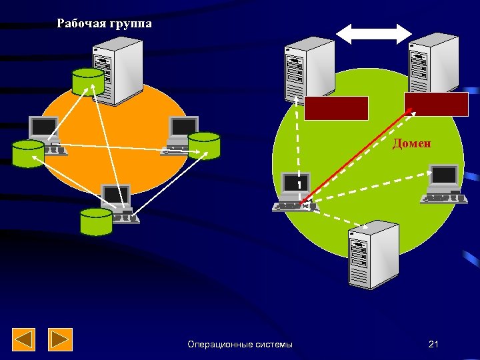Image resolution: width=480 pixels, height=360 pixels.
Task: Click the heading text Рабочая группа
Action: click(104, 23)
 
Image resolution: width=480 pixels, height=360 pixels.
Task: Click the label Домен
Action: click(411, 143)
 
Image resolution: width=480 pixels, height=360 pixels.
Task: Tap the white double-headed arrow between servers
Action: click(373, 34)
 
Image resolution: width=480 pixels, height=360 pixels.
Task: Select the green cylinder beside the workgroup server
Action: click(88, 81)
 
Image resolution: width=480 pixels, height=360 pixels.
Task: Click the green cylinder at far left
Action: click(28, 154)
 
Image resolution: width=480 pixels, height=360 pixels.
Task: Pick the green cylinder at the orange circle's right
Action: click(204, 145)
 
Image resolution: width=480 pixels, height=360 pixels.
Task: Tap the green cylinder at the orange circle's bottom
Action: click(96, 222)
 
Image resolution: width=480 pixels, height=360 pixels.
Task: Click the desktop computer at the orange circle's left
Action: click(47, 133)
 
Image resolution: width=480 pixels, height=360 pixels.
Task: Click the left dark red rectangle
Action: click(336, 108)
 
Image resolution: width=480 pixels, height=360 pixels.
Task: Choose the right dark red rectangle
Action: click(436, 105)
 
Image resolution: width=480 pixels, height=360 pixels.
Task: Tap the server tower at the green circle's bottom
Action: click(373, 253)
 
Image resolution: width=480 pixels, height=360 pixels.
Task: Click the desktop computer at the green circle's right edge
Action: click(441, 183)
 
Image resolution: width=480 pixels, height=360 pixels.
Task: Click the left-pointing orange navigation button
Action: click(25, 340)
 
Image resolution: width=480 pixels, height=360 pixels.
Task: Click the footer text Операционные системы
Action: click(239, 344)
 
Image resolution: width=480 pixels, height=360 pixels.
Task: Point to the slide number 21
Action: click(433, 344)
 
